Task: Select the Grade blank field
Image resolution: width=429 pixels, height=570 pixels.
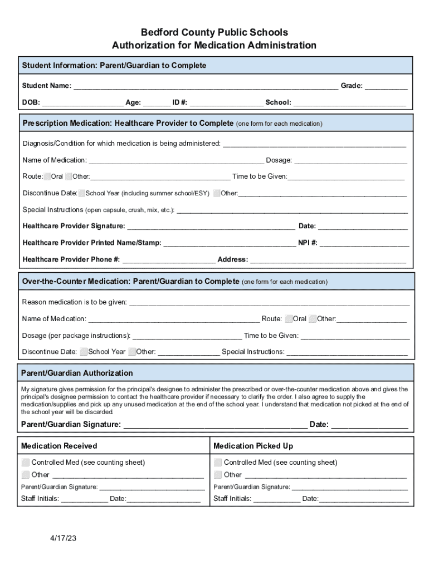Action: pos(386,86)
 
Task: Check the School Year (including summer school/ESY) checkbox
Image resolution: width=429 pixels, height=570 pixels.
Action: pos(82,193)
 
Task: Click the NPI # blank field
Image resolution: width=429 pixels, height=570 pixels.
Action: pos(364,243)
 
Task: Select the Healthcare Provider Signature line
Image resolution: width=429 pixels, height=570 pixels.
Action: pos(211,226)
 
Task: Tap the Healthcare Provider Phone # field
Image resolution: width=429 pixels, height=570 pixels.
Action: pos(168,259)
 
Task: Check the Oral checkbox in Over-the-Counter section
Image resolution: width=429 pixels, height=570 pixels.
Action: pos(289,319)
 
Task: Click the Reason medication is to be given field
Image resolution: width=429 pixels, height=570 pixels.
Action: pos(269,302)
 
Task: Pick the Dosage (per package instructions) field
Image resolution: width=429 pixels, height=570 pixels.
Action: pos(187,336)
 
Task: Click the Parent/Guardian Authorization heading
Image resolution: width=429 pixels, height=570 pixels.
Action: pos(77,373)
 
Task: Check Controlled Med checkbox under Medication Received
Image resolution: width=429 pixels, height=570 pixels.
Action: pos(26,463)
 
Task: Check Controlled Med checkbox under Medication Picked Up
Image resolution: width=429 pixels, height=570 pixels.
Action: pos(218,463)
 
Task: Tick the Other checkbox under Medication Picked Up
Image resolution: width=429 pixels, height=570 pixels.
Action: pos(218,475)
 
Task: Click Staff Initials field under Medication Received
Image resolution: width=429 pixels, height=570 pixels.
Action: pos(84,499)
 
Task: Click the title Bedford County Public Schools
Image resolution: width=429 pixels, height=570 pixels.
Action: pos(214,32)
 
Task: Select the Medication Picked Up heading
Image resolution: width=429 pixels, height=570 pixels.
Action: pos(253,446)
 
